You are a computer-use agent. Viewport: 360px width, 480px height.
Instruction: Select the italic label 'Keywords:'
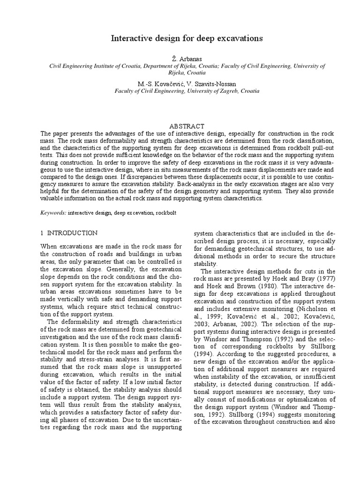(53, 213)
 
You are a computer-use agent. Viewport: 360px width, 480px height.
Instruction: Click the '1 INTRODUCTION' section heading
(69, 233)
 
